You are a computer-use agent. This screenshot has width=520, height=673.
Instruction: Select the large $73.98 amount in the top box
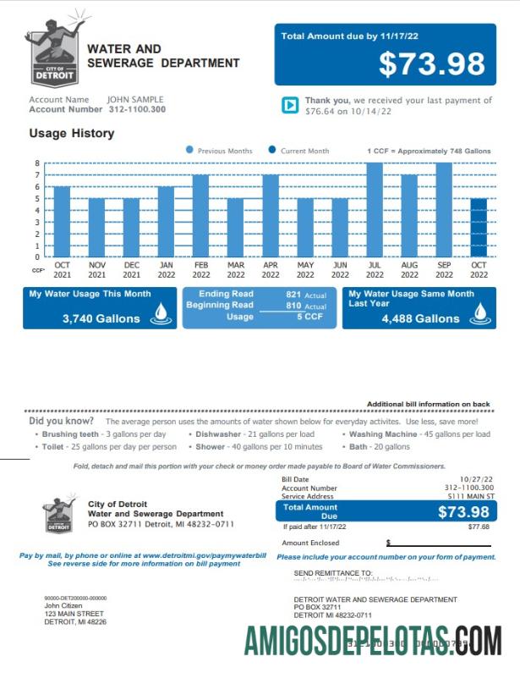(431, 64)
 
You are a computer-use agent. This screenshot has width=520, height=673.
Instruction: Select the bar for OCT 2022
(479, 228)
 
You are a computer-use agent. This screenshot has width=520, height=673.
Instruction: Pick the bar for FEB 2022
(200, 216)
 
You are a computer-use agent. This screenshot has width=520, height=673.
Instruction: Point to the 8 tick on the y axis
(37, 163)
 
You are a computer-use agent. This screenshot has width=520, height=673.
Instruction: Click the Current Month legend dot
(272, 151)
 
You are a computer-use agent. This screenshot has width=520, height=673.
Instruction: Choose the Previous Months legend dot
(189, 151)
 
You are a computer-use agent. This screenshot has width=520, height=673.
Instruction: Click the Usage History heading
(72, 133)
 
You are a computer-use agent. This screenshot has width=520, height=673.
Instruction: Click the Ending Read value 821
(293, 294)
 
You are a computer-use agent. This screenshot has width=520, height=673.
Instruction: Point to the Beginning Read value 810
(293, 305)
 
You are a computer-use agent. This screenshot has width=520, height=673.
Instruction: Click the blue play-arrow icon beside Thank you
(290, 105)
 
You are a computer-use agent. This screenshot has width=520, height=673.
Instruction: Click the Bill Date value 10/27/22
(476, 479)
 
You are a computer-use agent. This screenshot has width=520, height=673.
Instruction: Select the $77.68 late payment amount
(478, 527)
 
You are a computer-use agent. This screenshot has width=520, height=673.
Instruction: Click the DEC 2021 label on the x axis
(132, 269)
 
